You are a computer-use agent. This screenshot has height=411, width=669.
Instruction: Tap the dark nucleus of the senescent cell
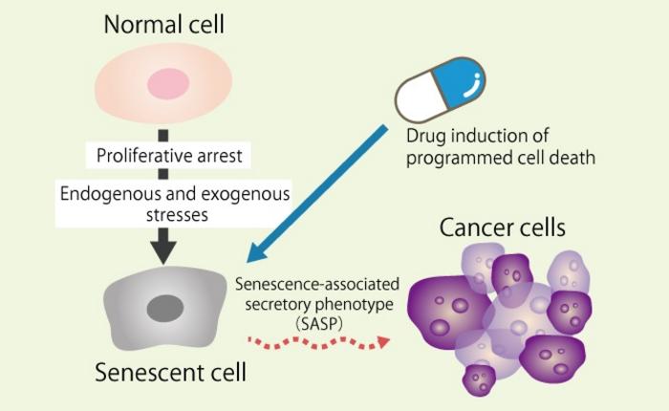pos(164,308)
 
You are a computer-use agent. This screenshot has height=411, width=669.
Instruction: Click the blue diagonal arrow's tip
pos(250,260)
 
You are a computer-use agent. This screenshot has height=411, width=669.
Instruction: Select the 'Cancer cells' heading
pos(502,228)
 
